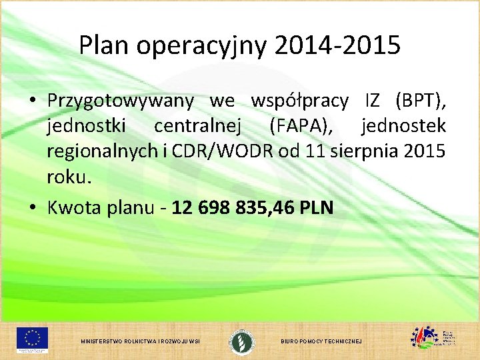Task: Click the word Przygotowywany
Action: [121, 101]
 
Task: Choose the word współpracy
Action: [299, 101]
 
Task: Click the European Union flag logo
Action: [33, 338]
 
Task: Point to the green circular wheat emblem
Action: [241, 340]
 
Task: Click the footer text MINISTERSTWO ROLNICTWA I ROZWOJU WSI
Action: [140, 341]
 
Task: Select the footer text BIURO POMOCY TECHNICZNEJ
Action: [321, 341]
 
